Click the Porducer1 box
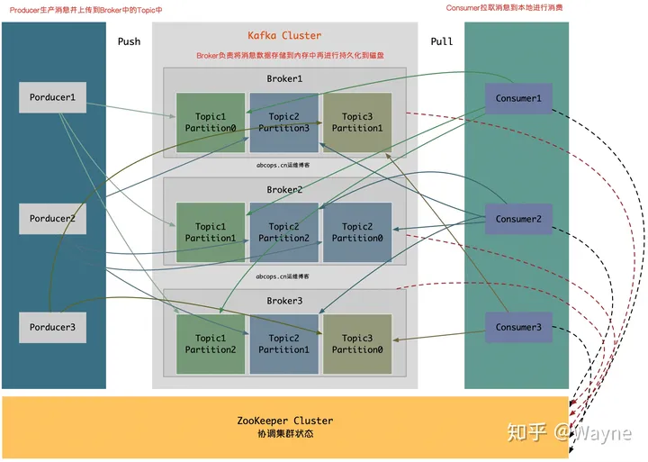coord(53,97)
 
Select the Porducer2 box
coord(53,219)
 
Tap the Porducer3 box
coord(53,327)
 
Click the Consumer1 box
coord(518,98)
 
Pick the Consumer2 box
coord(518,219)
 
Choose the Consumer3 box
coord(518,327)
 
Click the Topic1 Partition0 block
coord(211,122)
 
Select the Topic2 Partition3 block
coord(283,122)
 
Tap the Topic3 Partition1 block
coord(357,122)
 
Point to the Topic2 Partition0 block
coord(357,232)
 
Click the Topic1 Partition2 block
coord(211,344)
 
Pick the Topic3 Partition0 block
coord(357,344)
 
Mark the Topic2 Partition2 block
coord(283,232)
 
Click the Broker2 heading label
coord(284,190)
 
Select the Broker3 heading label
coord(284,300)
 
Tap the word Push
coord(129,41)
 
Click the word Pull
coord(442,41)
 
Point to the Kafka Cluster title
coord(284,36)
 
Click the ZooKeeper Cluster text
coord(284,421)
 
